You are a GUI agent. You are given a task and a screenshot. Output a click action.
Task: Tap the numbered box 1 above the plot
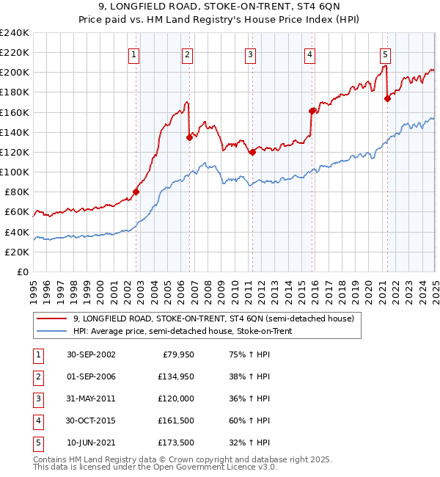[135, 54]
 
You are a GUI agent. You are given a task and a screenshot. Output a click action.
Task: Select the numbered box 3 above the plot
[250, 54]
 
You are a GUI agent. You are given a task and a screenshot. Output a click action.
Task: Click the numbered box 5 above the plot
[386, 54]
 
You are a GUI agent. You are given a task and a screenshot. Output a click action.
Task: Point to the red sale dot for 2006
[189, 136]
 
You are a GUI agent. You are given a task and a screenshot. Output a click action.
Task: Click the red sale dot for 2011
[252, 152]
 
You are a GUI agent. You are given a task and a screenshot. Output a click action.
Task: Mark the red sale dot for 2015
[312, 111]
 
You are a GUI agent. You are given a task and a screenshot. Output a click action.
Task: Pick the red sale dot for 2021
[387, 99]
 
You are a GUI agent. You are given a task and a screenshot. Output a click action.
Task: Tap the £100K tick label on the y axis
[15, 172]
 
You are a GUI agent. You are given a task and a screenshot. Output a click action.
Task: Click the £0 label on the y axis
[23, 272]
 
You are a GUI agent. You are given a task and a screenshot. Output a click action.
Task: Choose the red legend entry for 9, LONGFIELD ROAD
[213, 318]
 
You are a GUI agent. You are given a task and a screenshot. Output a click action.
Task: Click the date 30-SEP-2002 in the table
[91, 354]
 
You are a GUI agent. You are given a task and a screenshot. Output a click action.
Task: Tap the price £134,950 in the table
[173, 376]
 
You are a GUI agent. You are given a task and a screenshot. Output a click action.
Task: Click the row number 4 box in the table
[37, 420]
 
